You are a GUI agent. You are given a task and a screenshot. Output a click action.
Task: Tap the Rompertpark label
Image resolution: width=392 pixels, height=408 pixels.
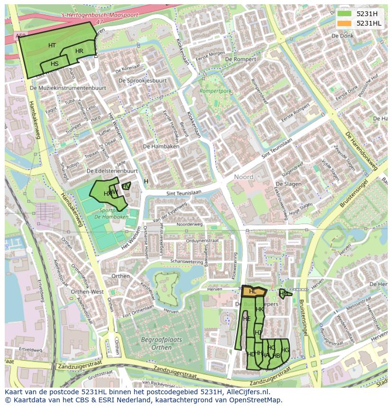click(x=215, y=91)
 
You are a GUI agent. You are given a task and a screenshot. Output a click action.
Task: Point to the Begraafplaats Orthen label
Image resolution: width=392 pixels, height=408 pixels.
click(x=155, y=343)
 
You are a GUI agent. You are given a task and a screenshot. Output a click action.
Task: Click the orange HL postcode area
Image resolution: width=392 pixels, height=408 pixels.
click(x=254, y=292)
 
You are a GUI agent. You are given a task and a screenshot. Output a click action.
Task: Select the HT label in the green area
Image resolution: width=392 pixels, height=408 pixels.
click(x=52, y=45)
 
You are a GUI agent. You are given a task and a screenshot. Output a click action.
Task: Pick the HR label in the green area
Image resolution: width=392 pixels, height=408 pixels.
click(x=79, y=51)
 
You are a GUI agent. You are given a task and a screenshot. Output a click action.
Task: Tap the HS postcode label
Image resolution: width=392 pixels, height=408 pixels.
click(x=54, y=64)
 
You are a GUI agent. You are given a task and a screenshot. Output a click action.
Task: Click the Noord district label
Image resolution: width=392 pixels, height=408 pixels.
click(x=244, y=177)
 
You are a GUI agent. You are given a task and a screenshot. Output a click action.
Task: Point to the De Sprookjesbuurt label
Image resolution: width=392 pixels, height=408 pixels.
click(x=143, y=81)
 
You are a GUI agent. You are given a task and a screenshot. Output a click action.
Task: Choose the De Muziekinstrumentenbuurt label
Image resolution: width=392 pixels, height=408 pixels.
click(x=67, y=88)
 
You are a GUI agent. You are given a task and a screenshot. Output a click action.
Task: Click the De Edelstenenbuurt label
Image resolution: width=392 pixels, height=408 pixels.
click(x=112, y=171)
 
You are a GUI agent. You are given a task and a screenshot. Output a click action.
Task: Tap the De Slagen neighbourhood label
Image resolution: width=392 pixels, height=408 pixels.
click(x=288, y=184)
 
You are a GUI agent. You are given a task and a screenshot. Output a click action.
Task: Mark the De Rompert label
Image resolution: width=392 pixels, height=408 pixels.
click(x=241, y=59)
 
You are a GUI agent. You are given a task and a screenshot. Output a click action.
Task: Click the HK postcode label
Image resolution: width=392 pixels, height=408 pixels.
click(x=259, y=309)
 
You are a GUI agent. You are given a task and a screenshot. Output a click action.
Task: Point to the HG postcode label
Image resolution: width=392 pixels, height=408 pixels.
click(x=285, y=350)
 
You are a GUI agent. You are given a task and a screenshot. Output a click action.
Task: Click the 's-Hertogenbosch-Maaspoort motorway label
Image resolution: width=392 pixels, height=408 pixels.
click(x=100, y=15)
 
